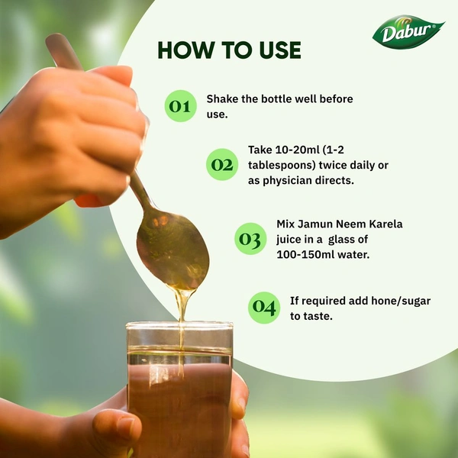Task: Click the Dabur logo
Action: tap(408, 33)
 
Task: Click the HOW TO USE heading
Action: tap(229, 50)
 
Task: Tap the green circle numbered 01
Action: tap(180, 106)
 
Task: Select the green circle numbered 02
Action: tap(222, 164)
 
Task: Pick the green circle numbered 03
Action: tap(250, 239)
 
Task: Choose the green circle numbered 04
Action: tap(264, 308)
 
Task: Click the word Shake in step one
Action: tap(223, 99)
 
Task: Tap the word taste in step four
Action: tap(319, 315)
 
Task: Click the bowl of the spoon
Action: tap(173, 253)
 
